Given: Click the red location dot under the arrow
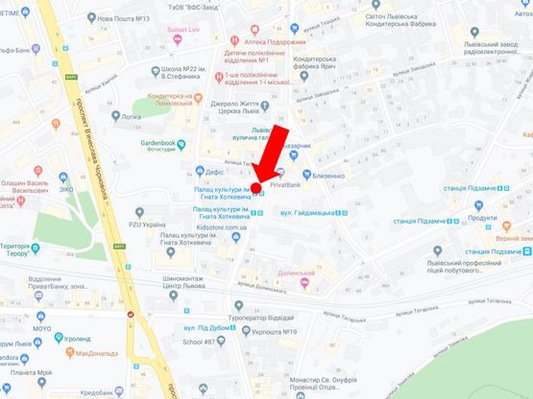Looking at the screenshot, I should click(256, 187).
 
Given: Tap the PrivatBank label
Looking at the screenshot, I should click(288, 184).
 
